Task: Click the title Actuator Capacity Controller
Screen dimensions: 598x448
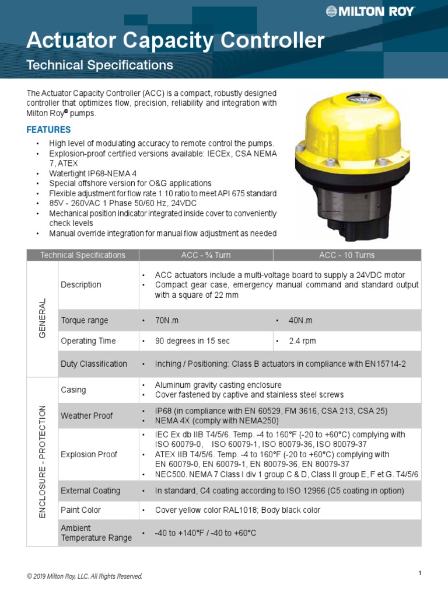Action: pos(176,41)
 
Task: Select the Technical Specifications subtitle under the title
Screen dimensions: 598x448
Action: pos(100,65)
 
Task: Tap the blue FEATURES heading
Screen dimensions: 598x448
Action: pos(49,130)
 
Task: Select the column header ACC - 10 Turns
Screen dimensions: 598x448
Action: pos(346,255)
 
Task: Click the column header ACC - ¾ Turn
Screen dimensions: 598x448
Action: pos(206,255)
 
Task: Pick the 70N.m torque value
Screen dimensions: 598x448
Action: pos(169,321)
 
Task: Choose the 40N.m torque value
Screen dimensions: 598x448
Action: pos(301,321)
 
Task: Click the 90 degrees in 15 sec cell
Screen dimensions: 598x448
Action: pos(193,341)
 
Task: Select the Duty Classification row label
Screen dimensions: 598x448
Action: pos(94,364)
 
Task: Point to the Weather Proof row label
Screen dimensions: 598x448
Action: pos(87,416)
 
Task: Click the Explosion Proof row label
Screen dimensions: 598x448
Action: pos(89,454)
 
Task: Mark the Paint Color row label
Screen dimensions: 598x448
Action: pos(80,510)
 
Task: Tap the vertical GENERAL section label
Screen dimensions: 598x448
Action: pos(42,319)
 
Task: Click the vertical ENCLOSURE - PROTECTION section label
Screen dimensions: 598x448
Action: pos(42,461)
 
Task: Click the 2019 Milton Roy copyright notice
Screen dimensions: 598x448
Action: pos(85,576)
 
